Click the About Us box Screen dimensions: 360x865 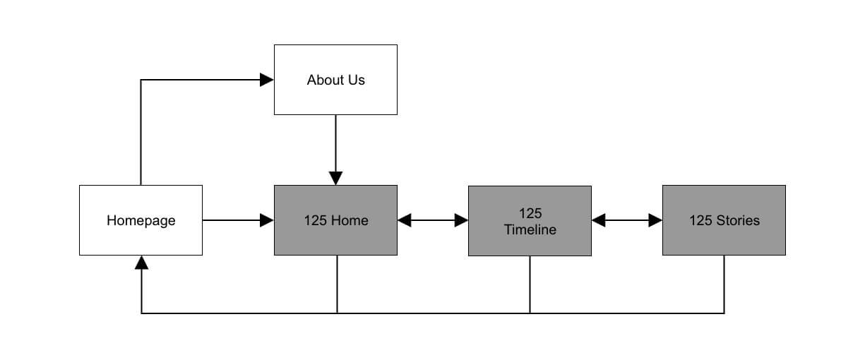tap(335, 80)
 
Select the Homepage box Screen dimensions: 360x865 tap(141, 220)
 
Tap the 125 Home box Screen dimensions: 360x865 tap(335, 220)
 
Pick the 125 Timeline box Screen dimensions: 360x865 tap(530, 220)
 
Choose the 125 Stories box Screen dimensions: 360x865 tap(724, 220)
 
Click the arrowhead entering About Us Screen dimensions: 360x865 tap(267, 80)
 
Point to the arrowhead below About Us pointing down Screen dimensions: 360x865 tap(335, 178)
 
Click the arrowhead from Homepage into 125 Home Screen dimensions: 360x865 tap(267, 220)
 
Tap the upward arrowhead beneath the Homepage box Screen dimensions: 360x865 tap(141, 263)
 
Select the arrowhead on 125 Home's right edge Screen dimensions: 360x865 tap(405, 220)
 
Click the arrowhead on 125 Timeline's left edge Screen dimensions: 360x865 tap(461, 220)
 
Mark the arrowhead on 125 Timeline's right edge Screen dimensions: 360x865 tap(599, 220)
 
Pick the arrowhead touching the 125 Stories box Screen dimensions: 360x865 tap(655, 220)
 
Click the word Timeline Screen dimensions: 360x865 tap(530, 229)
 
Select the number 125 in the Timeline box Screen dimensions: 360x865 tap(530, 213)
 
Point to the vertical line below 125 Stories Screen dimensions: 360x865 tap(724, 284)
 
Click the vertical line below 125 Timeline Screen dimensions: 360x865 tap(530, 284)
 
